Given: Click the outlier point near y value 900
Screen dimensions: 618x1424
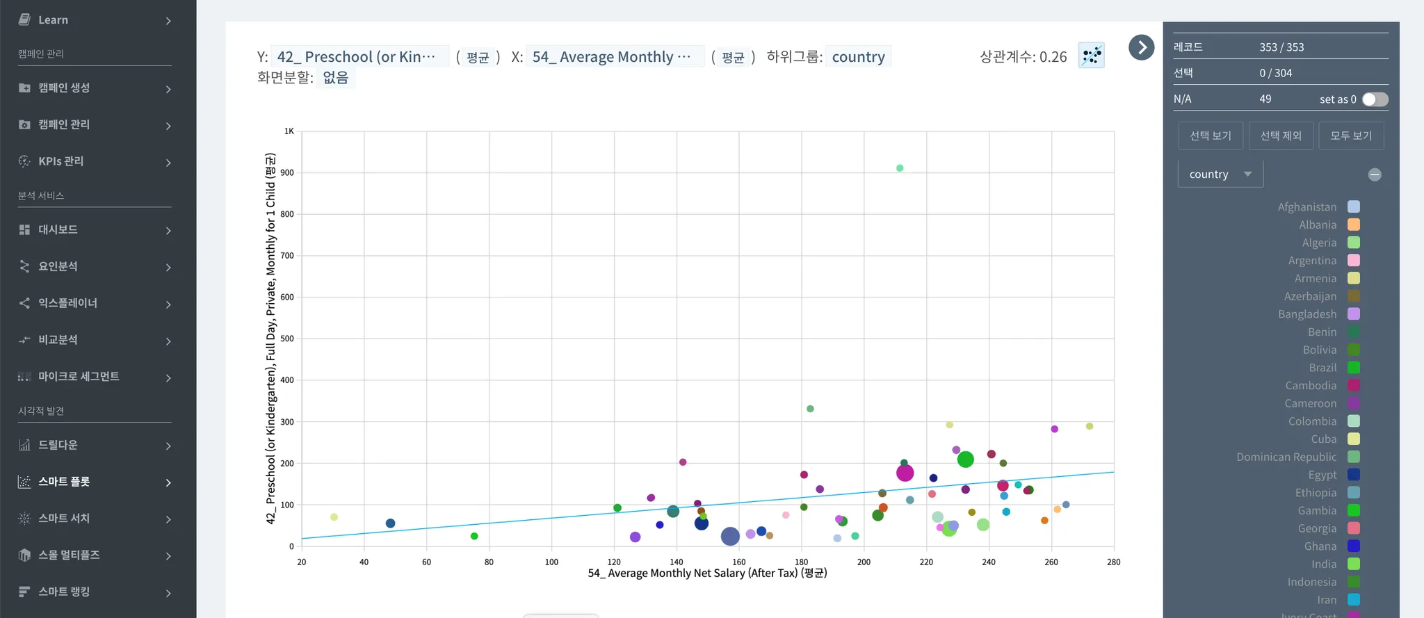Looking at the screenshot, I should pyautogui.click(x=900, y=168).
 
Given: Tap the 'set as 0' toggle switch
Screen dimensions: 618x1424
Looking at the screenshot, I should pyautogui.click(x=1375, y=99).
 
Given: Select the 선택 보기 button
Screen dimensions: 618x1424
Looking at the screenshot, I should pyautogui.click(x=1210, y=136).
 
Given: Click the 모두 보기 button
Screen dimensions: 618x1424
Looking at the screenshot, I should pyautogui.click(x=1351, y=136).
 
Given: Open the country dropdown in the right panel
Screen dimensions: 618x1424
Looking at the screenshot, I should pyautogui.click(x=1220, y=174).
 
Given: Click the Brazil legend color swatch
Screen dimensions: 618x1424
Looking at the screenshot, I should pyautogui.click(x=1354, y=368).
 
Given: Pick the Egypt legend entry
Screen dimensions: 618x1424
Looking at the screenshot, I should pyautogui.click(x=1322, y=475).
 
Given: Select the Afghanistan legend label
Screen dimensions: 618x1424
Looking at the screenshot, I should pyautogui.click(x=1306, y=206).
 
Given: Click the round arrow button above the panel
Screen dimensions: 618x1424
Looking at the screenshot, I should pyautogui.click(x=1141, y=47).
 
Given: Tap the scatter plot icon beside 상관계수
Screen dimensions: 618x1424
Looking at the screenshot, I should pyautogui.click(x=1091, y=56).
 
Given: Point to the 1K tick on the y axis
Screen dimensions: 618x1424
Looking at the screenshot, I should pyautogui.click(x=289, y=131).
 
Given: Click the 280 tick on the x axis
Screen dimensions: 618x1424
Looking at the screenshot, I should pyautogui.click(x=1113, y=562).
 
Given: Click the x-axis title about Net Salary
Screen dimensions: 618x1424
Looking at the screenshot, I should pyautogui.click(x=707, y=574).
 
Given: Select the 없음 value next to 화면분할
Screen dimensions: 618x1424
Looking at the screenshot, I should pyautogui.click(x=335, y=78).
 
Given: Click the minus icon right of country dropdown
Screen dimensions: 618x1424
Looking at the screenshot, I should pyautogui.click(x=1375, y=174).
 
